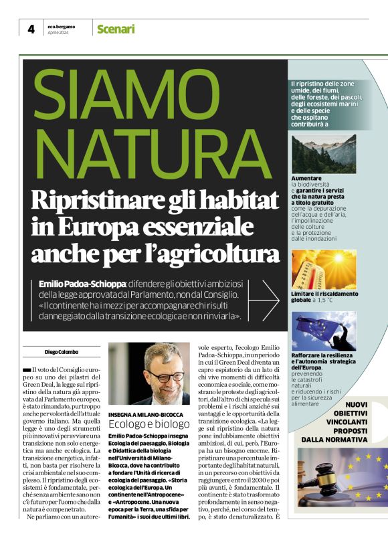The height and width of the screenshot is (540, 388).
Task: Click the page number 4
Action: click(x=31, y=29)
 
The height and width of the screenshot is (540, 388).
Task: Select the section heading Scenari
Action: click(x=116, y=29)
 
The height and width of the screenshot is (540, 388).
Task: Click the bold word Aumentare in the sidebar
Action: click(x=306, y=178)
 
